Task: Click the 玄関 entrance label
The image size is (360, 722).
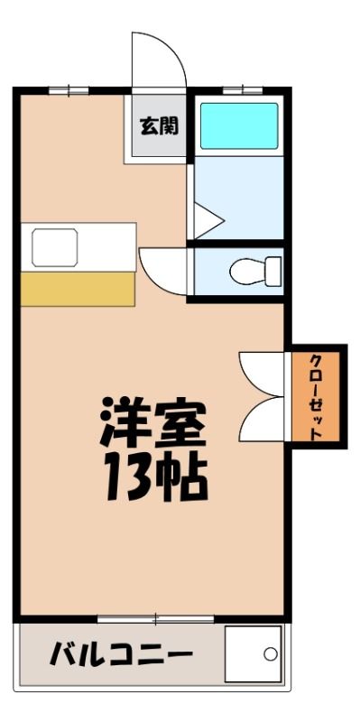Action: point(160,125)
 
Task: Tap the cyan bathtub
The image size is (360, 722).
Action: point(239,125)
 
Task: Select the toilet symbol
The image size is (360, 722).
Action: point(255,272)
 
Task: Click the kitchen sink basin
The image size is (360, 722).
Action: point(55,247)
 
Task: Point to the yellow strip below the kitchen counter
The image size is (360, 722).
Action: point(78,289)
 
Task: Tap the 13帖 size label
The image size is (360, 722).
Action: point(155,477)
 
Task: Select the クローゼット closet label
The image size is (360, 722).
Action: point(316,397)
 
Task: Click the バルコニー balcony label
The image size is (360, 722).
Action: point(121,655)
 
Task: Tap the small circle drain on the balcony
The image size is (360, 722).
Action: point(271,653)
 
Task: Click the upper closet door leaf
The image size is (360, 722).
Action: point(262,374)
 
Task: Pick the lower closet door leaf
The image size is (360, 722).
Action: point(262,419)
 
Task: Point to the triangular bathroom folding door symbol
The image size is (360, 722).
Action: point(208,221)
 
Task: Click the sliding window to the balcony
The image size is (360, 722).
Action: point(155,619)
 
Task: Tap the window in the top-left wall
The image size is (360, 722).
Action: point(69,90)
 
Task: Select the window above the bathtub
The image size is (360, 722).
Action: point(243,90)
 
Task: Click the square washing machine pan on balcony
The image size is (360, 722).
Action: point(253,653)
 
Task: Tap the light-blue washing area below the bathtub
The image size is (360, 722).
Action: point(239,198)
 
